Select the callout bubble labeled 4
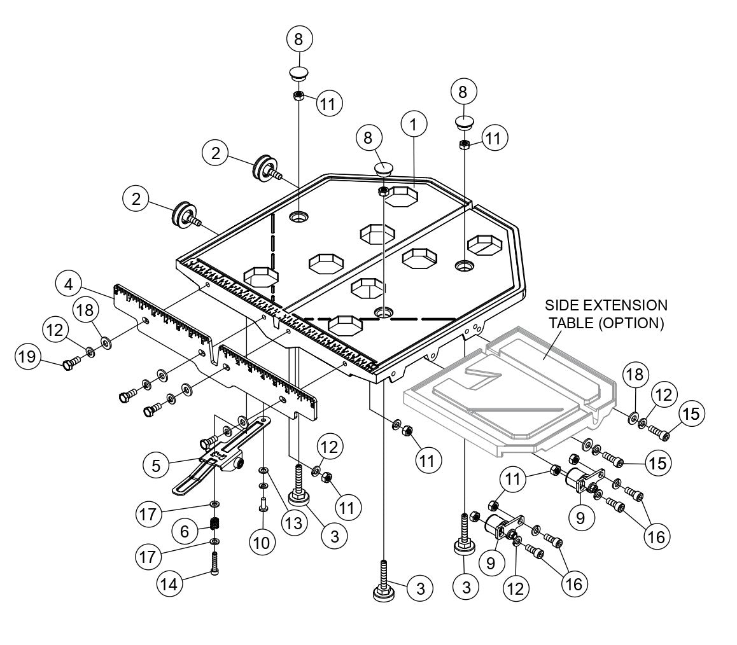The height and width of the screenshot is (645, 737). pyautogui.click(x=67, y=283)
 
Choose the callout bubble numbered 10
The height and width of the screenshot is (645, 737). pyautogui.click(x=262, y=543)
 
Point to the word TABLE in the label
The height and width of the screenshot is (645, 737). pyautogui.click(x=573, y=323)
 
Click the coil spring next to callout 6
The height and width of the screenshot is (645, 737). pyautogui.click(x=215, y=525)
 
